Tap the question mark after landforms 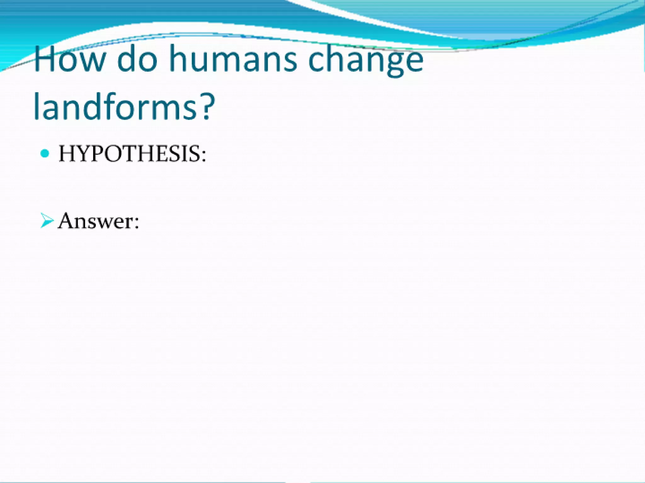[x=208, y=106]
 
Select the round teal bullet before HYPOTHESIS [x=45, y=154]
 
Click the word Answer [x=94, y=221]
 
